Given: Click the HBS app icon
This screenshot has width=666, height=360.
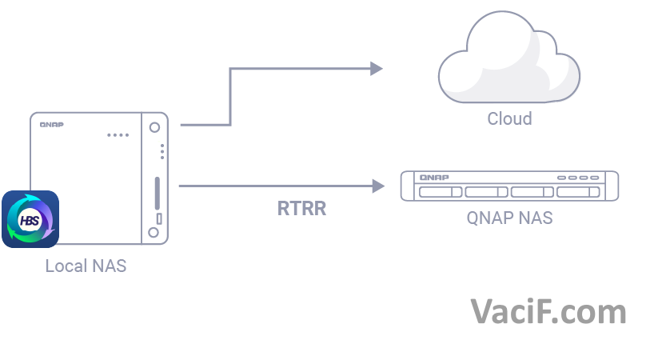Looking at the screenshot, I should tap(30, 219).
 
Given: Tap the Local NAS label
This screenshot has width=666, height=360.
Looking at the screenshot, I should tap(86, 266).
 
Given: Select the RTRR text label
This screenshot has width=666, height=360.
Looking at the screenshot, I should tap(301, 210).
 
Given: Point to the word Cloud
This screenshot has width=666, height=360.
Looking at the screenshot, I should tap(509, 119).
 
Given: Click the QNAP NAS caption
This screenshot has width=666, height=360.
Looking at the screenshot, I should tap(509, 218).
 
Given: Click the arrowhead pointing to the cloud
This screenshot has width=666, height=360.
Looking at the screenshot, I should tap(377, 69).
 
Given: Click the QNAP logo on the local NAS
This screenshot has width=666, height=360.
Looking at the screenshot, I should tap(51, 124).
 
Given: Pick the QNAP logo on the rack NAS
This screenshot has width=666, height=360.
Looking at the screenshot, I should tap(434, 177).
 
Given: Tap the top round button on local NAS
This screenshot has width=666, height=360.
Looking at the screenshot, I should tap(154, 126).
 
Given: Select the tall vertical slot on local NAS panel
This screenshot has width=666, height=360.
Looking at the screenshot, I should tap(157, 193).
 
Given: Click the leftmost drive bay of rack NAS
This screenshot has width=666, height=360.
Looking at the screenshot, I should tap(440, 192).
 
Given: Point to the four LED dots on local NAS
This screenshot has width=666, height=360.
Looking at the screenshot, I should tap(118, 134).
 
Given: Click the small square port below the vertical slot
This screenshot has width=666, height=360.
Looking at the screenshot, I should tap(158, 218).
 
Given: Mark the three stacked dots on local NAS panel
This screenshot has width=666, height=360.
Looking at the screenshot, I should tap(162, 151).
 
